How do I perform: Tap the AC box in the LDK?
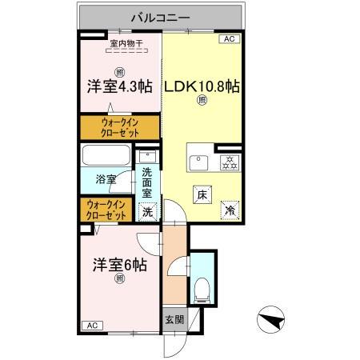pyautogui.click(x=228, y=38)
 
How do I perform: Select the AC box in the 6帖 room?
pyautogui.click(x=90, y=326)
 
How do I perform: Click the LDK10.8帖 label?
pyautogui.click(x=202, y=86)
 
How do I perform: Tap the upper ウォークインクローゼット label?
pyautogui.click(x=120, y=127)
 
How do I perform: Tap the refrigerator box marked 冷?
pyautogui.click(x=230, y=210)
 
